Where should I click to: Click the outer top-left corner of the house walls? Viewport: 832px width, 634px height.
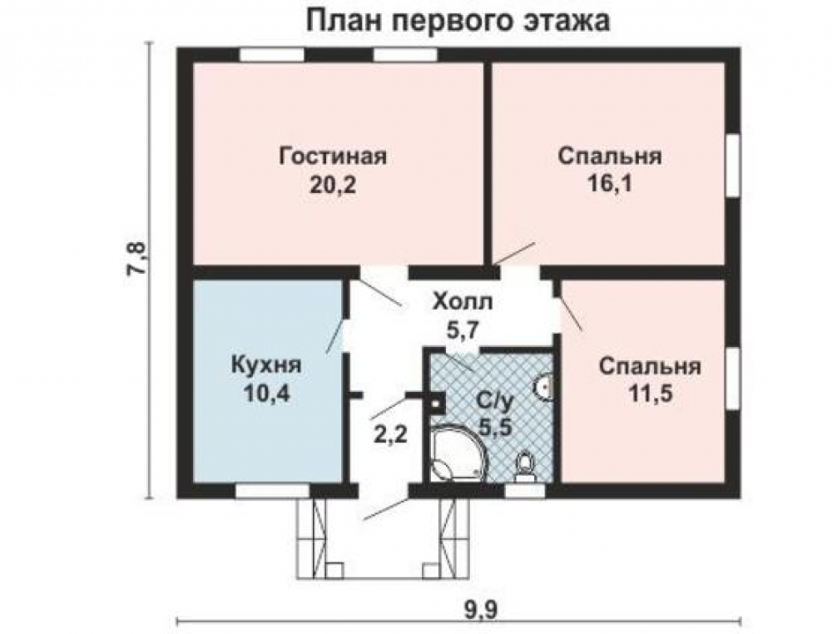pos(177,48)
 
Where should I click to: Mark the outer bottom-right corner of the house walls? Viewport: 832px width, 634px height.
pos(740,498)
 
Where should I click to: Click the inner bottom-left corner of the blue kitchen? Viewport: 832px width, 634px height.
pos(193,483)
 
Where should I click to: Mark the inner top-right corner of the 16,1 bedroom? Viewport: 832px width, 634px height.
pos(725,63)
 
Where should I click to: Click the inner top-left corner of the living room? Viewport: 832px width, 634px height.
pos(193,63)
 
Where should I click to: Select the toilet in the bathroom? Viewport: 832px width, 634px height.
pos(526,468)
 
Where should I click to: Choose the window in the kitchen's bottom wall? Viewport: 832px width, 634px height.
pos(272,491)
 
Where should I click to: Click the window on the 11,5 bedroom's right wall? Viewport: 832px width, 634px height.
pos(733,379)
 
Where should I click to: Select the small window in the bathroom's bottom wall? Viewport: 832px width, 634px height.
pos(524,491)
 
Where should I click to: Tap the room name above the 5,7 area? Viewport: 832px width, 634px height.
pos(463,303)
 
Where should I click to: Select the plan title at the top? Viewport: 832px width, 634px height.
pos(458,22)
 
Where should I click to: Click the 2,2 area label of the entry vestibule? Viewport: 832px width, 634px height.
pos(390,436)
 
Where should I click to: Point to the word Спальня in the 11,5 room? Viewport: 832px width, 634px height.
pos(650,367)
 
